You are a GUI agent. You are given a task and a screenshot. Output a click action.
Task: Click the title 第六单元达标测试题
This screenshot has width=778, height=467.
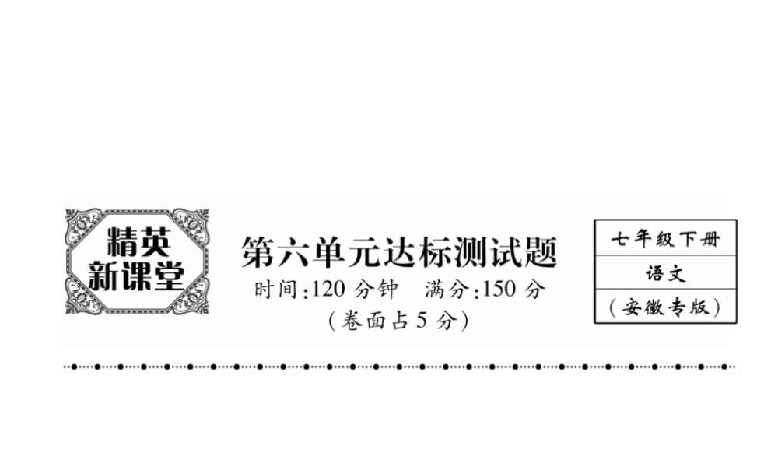click(399, 254)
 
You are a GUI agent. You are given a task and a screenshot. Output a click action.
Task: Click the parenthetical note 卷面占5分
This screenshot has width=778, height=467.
click(398, 320)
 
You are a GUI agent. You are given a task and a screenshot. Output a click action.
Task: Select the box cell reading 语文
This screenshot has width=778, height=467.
click(665, 274)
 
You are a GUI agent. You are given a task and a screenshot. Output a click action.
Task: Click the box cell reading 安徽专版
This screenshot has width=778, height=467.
click(665, 307)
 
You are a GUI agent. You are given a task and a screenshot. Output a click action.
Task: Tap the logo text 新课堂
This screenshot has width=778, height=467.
click(136, 276)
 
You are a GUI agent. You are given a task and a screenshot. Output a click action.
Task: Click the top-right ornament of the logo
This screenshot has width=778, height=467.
click(191, 225)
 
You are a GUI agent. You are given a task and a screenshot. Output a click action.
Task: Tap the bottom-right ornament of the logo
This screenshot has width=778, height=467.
click(191, 297)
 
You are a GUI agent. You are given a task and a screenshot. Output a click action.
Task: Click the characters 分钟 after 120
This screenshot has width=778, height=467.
click(376, 290)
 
